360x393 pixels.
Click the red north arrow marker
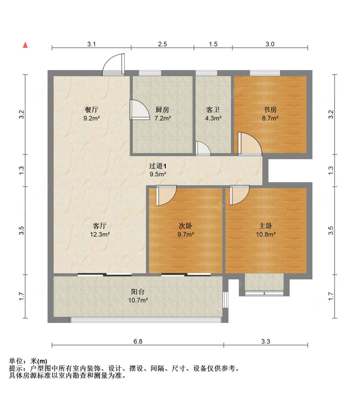point(25,45)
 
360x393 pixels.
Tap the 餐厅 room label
point(92,110)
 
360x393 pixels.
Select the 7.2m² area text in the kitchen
point(163,118)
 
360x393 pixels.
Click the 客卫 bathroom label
point(213,110)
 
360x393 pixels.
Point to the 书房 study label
point(270,110)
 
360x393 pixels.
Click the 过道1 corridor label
point(158,166)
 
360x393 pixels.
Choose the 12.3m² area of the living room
point(100,234)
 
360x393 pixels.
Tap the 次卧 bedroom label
point(186,226)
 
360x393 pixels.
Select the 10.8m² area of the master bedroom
point(266,234)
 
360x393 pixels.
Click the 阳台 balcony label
point(138,292)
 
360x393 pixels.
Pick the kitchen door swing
point(139,110)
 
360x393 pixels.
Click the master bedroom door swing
point(239,195)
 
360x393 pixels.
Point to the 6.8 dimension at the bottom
point(138,341)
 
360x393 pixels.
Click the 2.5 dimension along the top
point(163,44)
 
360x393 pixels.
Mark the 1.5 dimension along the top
point(213,44)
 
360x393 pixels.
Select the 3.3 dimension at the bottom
point(266,341)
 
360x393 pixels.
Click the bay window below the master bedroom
point(264,285)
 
